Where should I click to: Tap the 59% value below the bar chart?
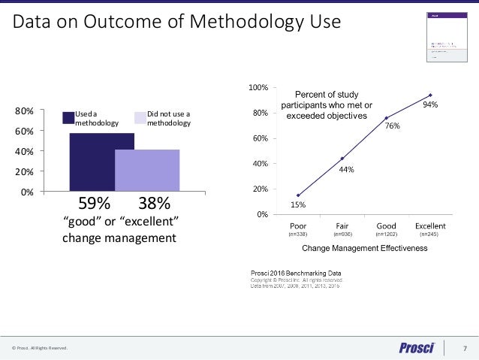(95, 204)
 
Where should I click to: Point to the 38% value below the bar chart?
(154, 204)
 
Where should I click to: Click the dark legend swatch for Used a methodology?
(68, 117)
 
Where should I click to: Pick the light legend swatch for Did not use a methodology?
(140, 117)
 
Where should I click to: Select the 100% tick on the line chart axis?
(258, 88)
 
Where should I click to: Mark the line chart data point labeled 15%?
(298, 195)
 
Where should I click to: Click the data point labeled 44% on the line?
(342, 159)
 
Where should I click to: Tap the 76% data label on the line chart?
(392, 128)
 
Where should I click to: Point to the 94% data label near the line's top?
(430, 105)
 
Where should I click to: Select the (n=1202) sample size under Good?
(386, 234)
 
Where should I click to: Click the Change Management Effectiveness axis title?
(364, 247)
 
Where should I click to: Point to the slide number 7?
(465, 348)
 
